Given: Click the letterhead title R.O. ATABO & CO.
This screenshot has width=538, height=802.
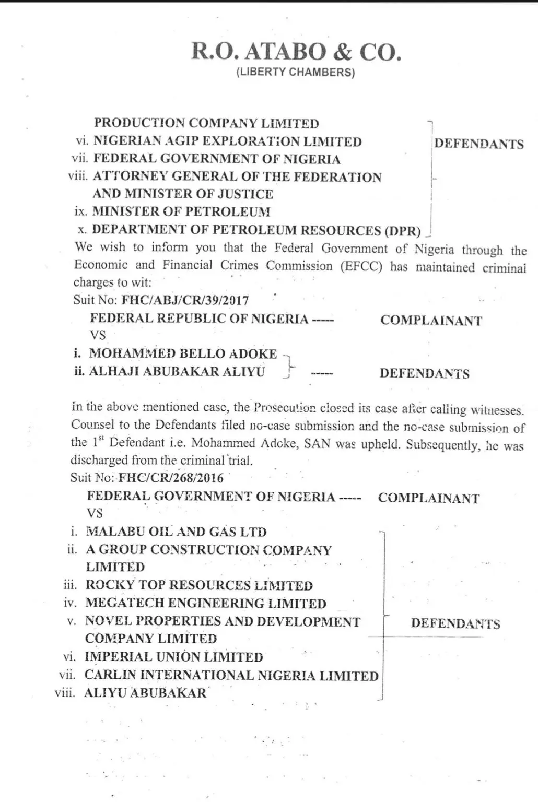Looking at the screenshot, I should click(x=296, y=52).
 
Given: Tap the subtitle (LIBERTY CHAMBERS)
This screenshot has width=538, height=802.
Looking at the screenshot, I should click(x=296, y=72).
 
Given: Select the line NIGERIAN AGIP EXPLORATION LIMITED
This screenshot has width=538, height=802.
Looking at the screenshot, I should click(x=227, y=141).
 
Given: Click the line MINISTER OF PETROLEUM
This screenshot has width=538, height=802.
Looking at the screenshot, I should click(x=181, y=211).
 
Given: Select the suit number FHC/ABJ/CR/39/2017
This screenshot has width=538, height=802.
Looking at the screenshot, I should click(x=185, y=300).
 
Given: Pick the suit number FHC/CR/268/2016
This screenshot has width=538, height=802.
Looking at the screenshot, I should click(x=171, y=478).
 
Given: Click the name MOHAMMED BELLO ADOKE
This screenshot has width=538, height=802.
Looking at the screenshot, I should click(x=183, y=353).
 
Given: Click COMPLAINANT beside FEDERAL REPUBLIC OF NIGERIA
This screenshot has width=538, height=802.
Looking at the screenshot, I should click(x=431, y=320).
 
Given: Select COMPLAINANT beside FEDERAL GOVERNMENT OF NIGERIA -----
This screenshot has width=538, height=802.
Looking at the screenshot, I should click(x=428, y=498).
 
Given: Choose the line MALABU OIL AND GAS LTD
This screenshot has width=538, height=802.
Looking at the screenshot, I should click(x=176, y=532).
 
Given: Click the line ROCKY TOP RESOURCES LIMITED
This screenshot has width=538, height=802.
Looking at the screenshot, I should click(x=199, y=585).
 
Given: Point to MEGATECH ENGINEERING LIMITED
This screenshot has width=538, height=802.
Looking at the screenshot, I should click(x=206, y=603).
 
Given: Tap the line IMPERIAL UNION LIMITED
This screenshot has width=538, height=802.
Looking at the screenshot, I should click(x=173, y=657).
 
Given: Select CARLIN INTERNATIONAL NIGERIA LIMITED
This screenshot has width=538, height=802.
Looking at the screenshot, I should click(x=231, y=675).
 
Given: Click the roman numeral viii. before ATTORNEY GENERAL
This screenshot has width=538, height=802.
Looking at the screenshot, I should click(x=78, y=176).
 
